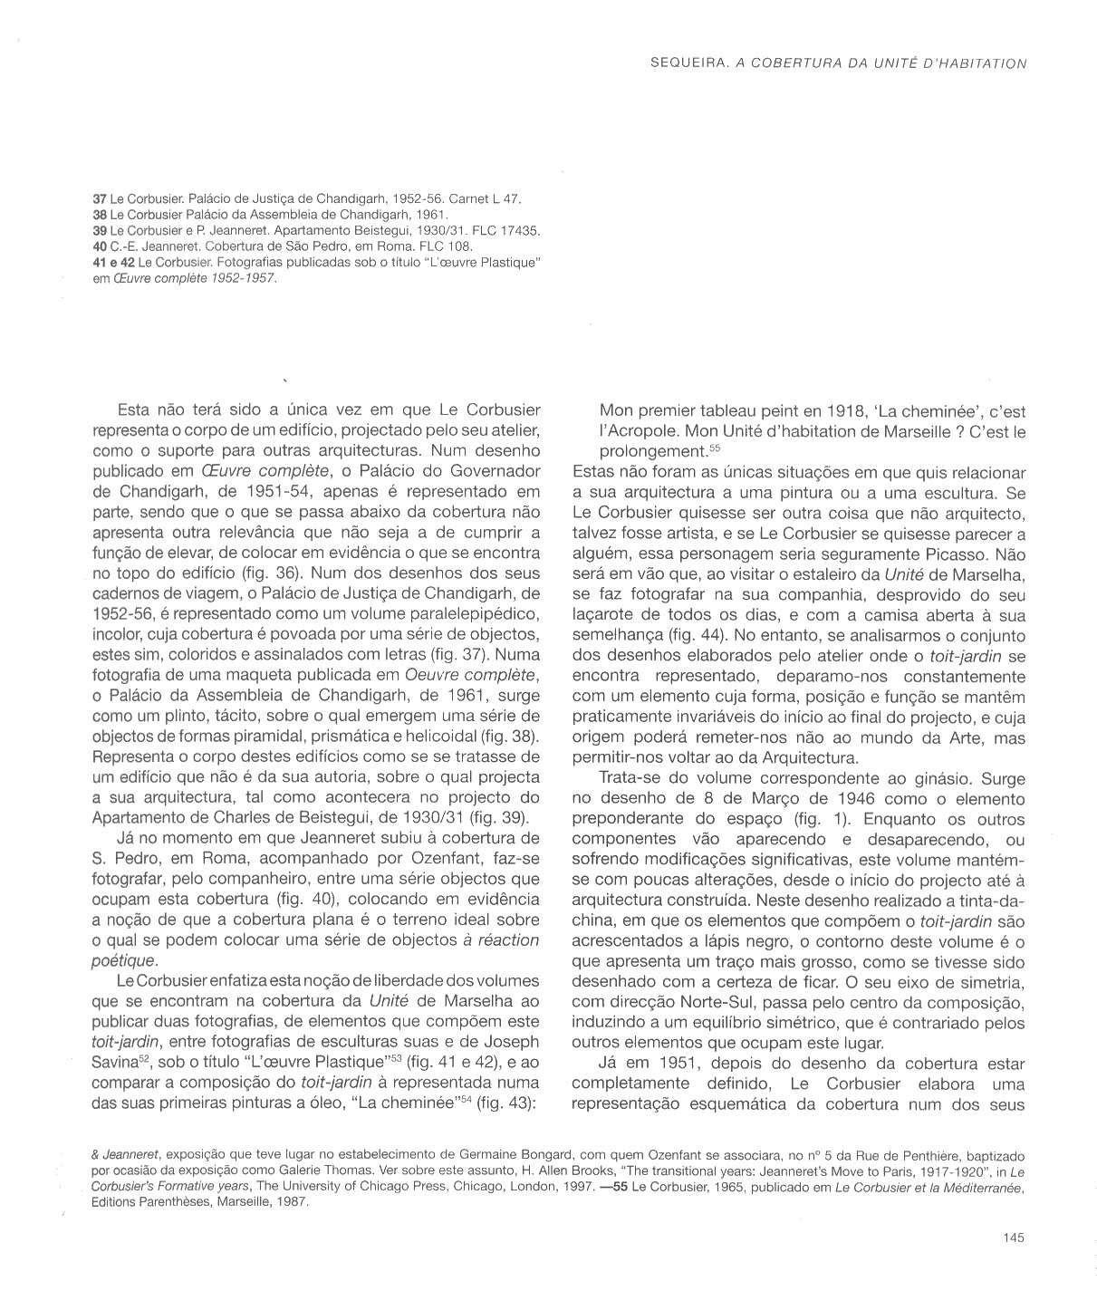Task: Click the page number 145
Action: tap(1014, 1238)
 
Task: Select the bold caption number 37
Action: tap(100, 198)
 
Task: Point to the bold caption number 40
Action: tap(100, 246)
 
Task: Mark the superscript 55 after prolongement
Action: tap(714, 448)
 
